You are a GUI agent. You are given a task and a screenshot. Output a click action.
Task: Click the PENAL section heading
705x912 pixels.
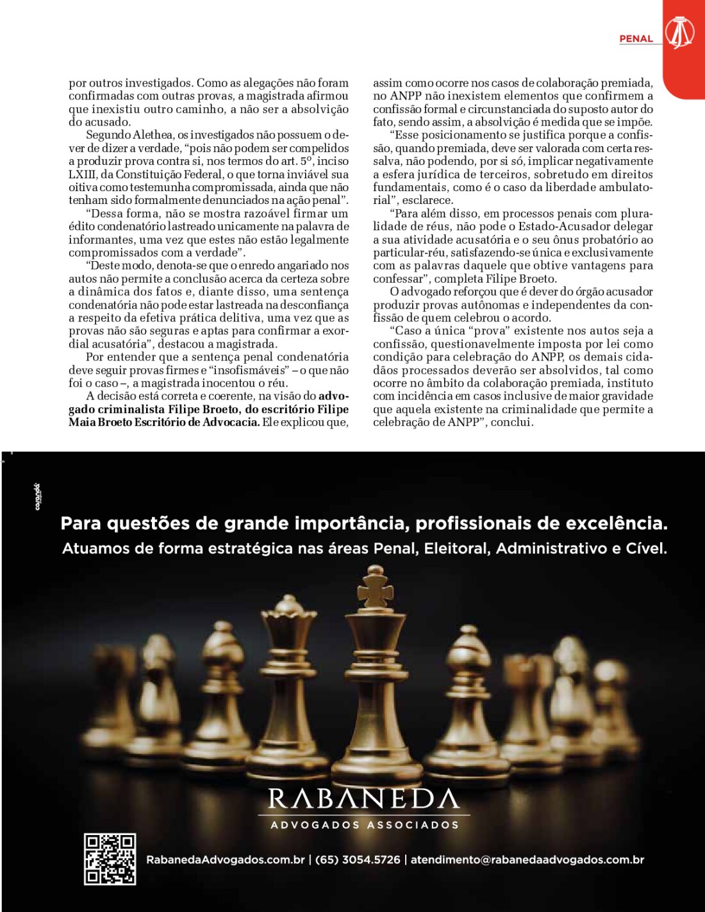(x=636, y=38)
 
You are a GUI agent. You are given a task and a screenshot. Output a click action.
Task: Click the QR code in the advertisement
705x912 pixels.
(x=110, y=859)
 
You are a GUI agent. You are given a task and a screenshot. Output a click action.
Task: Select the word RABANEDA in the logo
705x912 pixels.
(x=363, y=798)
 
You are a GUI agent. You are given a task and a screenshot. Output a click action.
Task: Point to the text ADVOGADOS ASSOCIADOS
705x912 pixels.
(x=365, y=825)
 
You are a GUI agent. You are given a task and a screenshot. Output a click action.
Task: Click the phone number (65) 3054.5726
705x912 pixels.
(x=358, y=859)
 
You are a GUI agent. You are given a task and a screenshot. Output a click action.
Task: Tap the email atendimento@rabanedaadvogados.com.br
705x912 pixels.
(x=527, y=859)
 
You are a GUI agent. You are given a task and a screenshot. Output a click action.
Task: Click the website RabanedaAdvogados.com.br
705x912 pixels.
(x=225, y=859)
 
